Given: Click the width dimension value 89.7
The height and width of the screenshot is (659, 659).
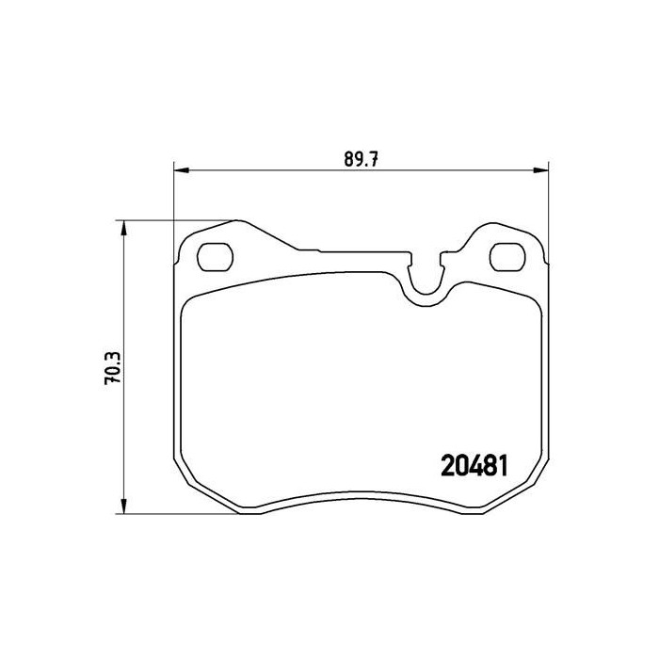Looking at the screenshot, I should (x=361, y=158).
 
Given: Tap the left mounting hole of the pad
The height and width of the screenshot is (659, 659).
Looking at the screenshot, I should (x=217, y=256).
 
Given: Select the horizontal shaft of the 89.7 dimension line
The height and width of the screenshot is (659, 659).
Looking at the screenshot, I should (x=282, y=170).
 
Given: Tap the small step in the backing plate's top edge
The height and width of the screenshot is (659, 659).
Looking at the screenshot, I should (x=320, y=250).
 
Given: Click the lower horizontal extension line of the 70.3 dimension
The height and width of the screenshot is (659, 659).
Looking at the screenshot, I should (x=169, y=514).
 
